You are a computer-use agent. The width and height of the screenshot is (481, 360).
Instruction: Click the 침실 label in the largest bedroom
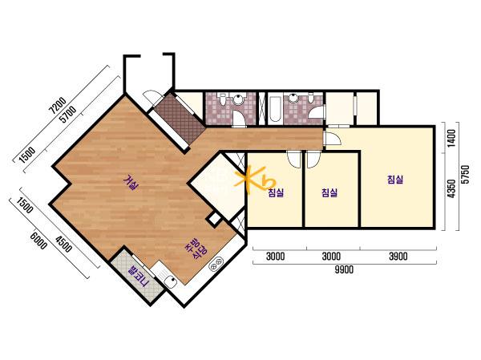click(395, 180)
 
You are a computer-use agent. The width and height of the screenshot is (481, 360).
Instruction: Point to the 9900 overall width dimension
click(344, 269)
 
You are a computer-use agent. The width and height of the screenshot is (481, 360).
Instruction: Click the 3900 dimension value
click(398, 256)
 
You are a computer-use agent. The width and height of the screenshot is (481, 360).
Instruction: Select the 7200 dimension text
click(58, 105)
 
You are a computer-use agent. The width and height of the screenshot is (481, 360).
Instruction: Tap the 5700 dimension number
click(67, 114)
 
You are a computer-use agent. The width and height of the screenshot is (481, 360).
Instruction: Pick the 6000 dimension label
click(38, 241)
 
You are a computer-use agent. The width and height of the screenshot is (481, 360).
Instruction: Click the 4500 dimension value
click(63, 244)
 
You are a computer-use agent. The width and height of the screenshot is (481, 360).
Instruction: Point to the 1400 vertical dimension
click(451, 138)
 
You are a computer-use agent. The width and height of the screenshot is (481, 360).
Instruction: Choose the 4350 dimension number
click(451, 188)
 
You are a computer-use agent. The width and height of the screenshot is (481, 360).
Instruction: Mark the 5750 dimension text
click(466, 174)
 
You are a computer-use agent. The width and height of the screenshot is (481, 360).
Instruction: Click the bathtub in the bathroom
click(274, 109)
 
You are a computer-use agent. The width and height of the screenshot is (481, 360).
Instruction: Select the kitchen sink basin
click(170, 281)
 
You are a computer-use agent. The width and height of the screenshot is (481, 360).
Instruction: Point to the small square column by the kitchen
click(214, 220)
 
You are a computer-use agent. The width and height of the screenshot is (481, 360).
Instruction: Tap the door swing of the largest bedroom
click(333, 139)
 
